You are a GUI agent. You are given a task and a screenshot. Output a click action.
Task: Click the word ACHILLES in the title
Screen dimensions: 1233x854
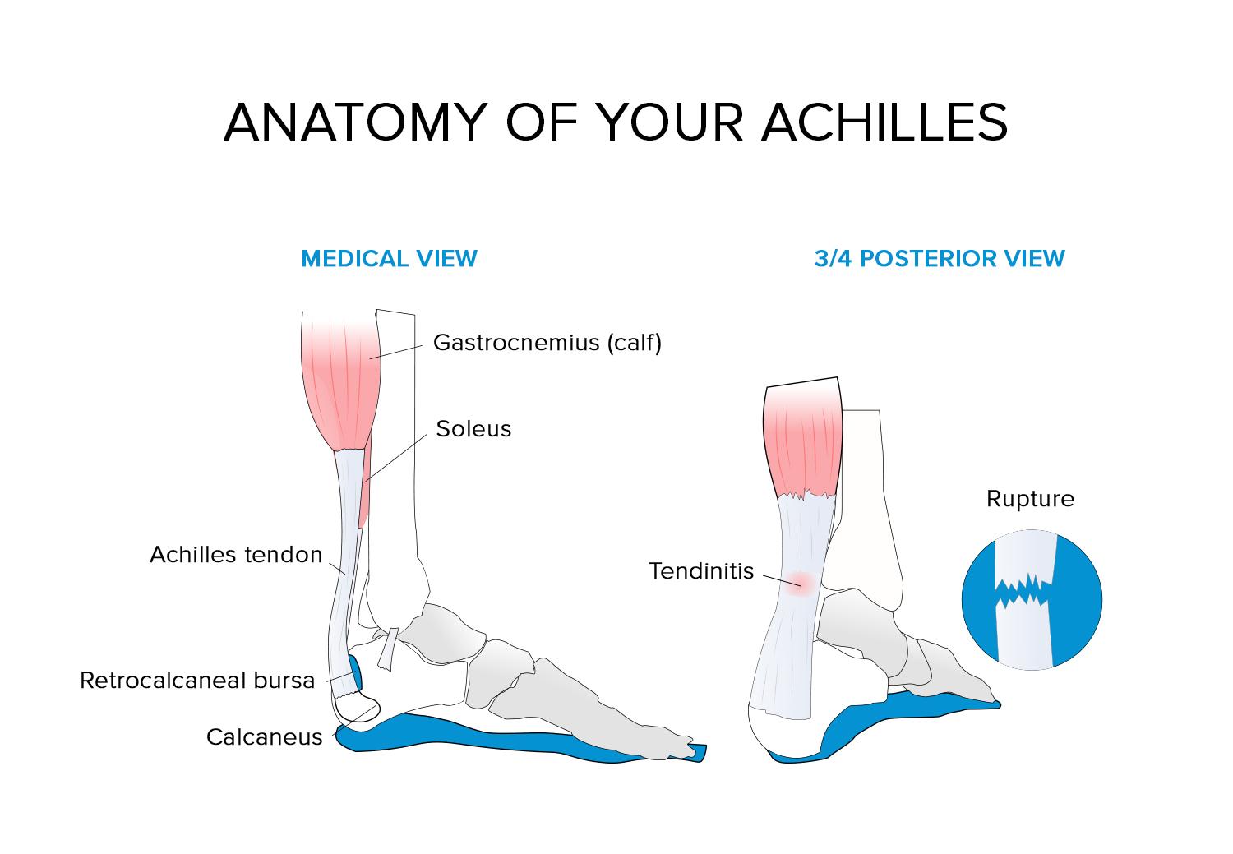point(885,122)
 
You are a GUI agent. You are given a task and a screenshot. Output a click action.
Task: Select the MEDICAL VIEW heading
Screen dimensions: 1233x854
point(389,259)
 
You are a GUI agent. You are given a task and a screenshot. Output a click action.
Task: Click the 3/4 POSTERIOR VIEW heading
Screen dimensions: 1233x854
point(940,259)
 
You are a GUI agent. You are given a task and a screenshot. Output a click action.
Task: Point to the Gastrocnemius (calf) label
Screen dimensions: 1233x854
point(547,343)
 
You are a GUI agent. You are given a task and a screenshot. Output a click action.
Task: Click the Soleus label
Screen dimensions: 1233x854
point(473,429)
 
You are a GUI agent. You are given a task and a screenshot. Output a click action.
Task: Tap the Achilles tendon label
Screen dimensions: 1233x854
point(236,555)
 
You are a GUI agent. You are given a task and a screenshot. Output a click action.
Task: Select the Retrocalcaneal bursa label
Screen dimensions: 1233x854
point(197,681)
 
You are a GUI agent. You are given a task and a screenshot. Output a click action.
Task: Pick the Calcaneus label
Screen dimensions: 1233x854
point(264,737)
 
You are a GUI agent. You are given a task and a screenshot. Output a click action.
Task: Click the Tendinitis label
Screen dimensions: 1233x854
point(701,571)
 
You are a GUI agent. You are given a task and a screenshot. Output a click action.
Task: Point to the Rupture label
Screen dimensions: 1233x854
point(1030,499)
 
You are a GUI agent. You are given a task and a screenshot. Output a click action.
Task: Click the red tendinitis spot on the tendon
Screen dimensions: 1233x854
point(801,584)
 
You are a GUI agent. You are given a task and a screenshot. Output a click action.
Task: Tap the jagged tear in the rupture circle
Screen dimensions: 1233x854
point(1023,591)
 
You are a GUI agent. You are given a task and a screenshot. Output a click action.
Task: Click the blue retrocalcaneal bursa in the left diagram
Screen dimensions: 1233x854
point(356,672)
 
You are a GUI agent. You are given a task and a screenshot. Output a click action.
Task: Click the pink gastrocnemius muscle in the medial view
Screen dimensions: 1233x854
point(341,385)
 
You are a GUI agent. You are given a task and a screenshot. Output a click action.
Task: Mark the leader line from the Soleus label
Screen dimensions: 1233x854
point(396,457)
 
